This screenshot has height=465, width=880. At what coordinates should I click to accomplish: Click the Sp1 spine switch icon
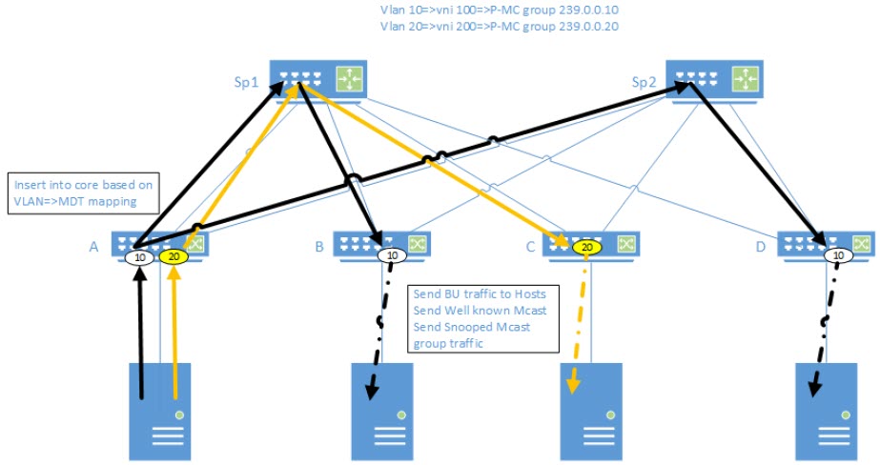click(x=318, y=80)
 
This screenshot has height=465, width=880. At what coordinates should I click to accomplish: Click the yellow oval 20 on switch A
click(x=173, y=256)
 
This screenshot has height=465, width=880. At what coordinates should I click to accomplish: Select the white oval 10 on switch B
click(x=391, y=254)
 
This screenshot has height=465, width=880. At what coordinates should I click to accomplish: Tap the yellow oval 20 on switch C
click(x=588, y=247)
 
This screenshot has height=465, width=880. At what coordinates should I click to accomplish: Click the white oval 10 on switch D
click(x=836, y=254)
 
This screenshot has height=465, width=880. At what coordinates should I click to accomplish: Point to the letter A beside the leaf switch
click(x=93, y=246)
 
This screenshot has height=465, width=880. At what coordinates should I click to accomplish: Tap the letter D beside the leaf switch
click(x=759, y=246)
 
